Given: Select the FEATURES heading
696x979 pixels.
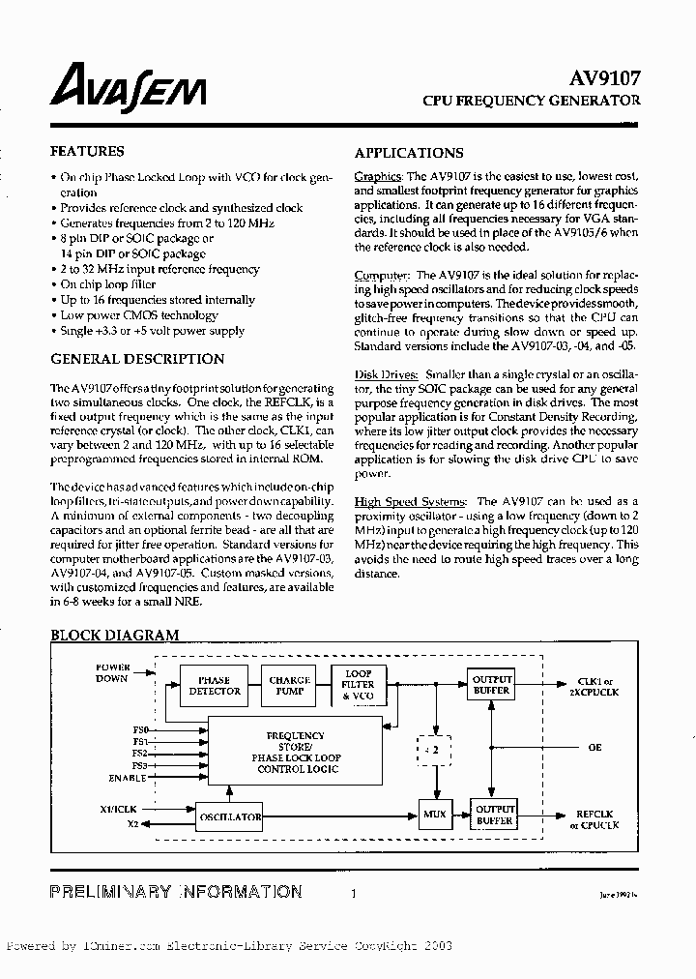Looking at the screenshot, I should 86,152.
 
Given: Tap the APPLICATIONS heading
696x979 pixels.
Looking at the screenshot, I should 408,153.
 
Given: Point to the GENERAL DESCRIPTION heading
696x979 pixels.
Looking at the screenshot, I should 136,359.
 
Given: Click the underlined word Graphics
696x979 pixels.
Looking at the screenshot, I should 377,177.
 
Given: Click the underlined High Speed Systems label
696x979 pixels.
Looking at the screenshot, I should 411,502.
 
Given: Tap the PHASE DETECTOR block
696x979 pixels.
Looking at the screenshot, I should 215,686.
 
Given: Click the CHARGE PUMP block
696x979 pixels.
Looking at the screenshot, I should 289,686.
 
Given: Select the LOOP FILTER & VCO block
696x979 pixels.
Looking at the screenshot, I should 359,685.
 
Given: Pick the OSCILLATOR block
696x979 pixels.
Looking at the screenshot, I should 230,816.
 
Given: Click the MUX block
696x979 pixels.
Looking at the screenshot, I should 435,815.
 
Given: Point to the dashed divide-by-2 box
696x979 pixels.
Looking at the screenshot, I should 435,749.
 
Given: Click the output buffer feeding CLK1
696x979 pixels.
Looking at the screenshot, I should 492,685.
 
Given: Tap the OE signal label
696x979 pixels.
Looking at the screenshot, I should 594,749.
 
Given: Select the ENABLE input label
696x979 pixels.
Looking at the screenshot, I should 128,778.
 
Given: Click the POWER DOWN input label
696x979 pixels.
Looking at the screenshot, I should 111,673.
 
